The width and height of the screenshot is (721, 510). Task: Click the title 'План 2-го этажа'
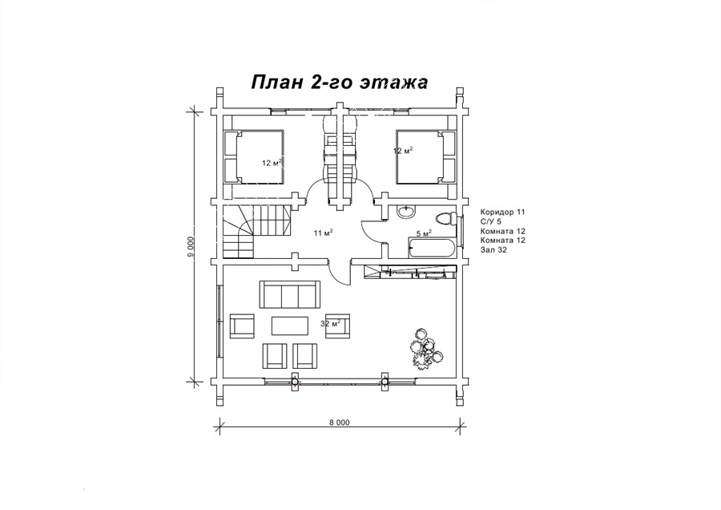340,83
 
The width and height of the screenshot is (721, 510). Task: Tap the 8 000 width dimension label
340,423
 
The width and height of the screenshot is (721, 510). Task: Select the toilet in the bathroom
445,218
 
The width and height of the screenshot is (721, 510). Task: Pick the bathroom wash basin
405,211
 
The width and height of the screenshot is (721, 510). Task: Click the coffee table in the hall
291,326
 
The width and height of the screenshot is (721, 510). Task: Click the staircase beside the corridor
257,232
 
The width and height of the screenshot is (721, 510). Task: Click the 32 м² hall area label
330,324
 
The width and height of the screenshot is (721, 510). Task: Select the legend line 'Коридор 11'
502,212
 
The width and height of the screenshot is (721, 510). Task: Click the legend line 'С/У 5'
490,221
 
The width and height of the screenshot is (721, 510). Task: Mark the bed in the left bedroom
253,157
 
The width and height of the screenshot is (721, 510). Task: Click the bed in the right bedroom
426,157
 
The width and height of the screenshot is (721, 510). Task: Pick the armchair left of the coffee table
241,326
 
